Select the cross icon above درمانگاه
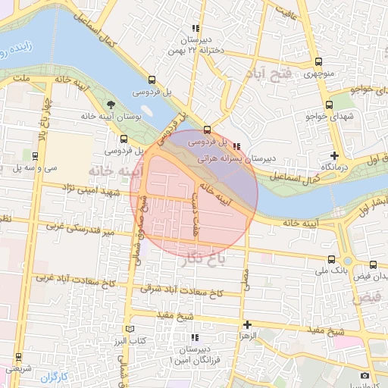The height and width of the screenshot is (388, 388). [x=334, y=155]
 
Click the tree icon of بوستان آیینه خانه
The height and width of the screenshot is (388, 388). [x=112, y=104]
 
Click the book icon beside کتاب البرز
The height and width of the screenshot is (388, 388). [x=130, y=329]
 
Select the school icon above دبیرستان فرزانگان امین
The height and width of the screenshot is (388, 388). [x=195, y=337]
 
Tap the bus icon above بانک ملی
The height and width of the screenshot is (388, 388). [x=333, y=259]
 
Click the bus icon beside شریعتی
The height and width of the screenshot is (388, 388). [x=17, y=356]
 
